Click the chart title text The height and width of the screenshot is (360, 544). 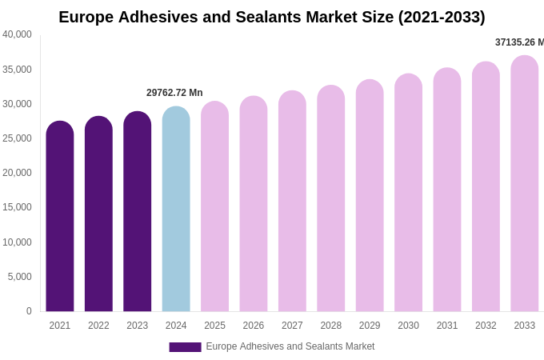click(x=271, y=17)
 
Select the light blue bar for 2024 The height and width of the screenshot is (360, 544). click(x=176, y=210)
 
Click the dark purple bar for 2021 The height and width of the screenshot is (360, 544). click(x=60, y=217)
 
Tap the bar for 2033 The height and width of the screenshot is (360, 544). click(x=525, y=184)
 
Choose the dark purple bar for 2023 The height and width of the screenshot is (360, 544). click(x=138, y=212)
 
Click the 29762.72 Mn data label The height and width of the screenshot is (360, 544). click(x=174, y=93)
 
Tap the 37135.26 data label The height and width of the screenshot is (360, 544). click(x=519, y=42)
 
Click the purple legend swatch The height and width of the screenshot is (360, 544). click(x=185, y=346)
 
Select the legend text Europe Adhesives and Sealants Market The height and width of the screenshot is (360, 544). click(x=290, y=346)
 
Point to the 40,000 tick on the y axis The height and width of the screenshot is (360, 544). click(x=17, y=34)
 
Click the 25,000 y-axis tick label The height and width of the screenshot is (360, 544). click(x=17, y=138)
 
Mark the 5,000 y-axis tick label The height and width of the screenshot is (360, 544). click(x=19, y=277)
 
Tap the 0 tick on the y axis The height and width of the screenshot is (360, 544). click(x=29, y=311)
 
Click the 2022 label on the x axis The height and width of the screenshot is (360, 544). click(x=98, y=326)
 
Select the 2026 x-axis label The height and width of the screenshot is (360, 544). click(x=254, y=326)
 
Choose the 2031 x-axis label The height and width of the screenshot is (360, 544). click(x=447, y=326)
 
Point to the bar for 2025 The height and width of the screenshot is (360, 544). click(x=214, y=206)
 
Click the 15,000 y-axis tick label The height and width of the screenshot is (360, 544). click(x=17, y=207)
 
